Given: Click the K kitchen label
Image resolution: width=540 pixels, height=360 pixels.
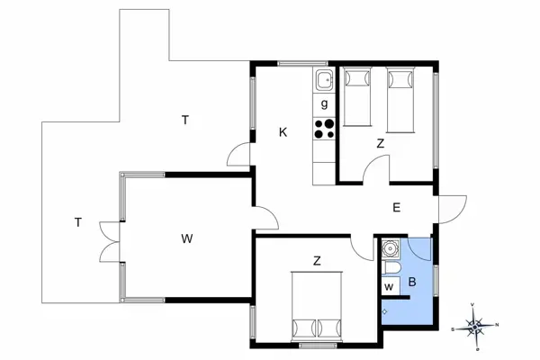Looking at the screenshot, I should click(x=283, y=132).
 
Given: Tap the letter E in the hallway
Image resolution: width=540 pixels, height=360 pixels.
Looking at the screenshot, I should click(x=396, y=207).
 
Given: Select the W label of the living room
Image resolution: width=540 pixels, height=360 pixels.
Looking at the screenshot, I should click(x=186, y=238).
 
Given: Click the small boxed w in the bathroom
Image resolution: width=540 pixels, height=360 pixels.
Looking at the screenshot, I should click(x=389, y=287).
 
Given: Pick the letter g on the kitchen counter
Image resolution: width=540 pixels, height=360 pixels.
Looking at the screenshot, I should click(x=324, y=104).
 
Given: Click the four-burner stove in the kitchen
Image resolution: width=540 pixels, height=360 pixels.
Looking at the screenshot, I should click(x=324, y=129).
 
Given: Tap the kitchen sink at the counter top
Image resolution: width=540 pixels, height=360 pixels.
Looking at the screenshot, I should click(x=324, y=82).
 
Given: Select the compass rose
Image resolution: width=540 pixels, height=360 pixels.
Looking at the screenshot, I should click(x=477, y=326).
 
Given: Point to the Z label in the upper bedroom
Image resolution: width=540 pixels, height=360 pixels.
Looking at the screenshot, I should click(x=381, y=144).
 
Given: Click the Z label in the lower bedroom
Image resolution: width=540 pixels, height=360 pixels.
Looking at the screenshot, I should click(x=317, y=262).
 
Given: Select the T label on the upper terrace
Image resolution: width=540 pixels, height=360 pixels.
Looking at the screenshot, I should click(x=184, y=120).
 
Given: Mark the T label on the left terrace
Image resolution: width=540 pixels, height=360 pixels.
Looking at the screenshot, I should click(x=78, y=222).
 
